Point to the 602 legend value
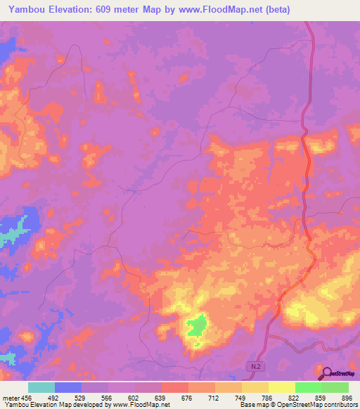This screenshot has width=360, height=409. [135, 398]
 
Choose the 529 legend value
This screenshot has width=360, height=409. [81, 398]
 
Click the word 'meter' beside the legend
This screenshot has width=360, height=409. [11, 398]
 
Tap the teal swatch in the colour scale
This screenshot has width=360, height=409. [41, 387]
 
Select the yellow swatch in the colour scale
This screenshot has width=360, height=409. [282, 387]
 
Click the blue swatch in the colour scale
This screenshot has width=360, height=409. [68, 387]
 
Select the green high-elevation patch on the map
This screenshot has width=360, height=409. [198, 325]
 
